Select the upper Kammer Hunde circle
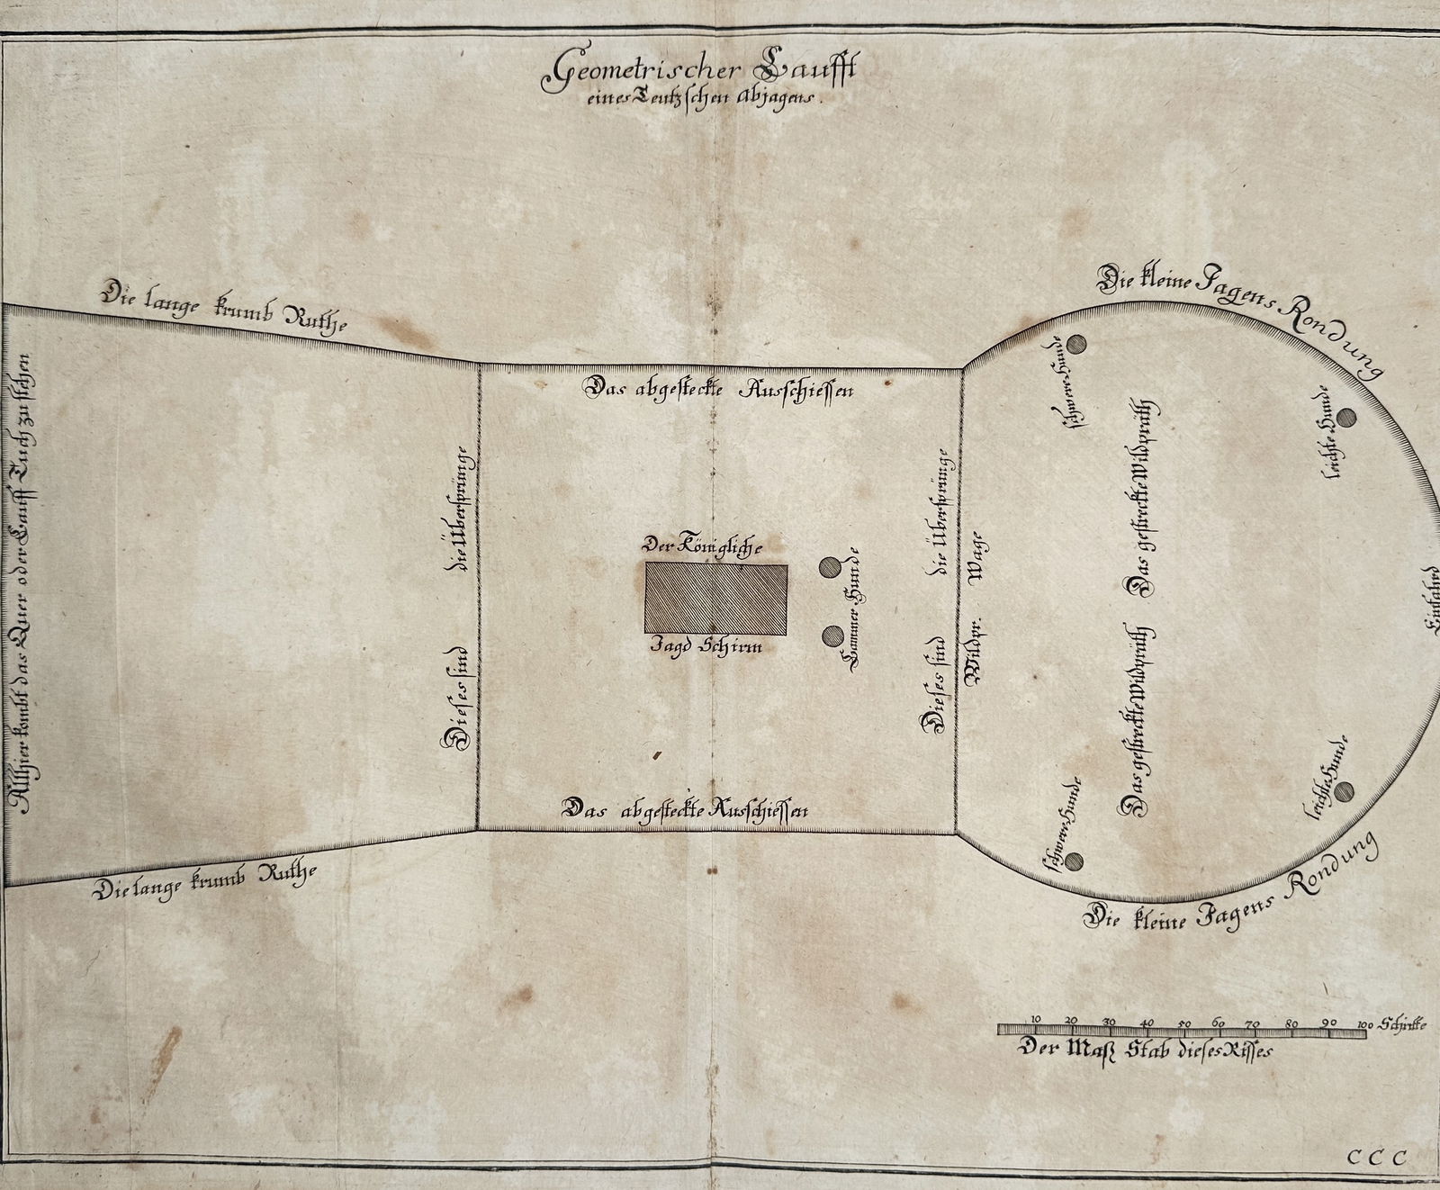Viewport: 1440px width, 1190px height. (x=829, y=566)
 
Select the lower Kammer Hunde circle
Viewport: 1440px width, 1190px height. (x=831, y=636)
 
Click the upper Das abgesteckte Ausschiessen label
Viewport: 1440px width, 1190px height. (x=718, y=390)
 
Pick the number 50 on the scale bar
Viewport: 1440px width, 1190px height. (x=1183, y=1023)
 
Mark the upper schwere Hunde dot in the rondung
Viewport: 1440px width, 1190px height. (x=1079, y=346)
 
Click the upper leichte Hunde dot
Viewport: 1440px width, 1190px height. (x=1345, y=418)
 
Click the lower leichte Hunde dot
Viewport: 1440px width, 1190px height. (x=1344, y=792)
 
